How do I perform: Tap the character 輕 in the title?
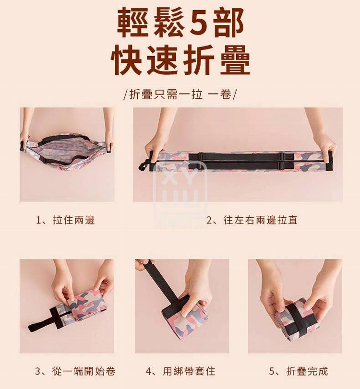click(x=132, y=23)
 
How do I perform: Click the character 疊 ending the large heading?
click(x=235, y=59)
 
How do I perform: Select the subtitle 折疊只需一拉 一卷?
click(x=180, y=94)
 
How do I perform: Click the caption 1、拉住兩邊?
click(x=66, y=220)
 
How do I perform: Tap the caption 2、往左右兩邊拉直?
click(x=252, y=220)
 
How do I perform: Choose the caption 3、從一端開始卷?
click(x=75, y=371)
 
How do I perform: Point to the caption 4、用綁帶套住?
click(x=180, y=371)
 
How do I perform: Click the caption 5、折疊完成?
click(x=299, y=371)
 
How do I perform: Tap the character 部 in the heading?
click(x=228, y=23)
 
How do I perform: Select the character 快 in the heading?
click(x=126, y=59)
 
